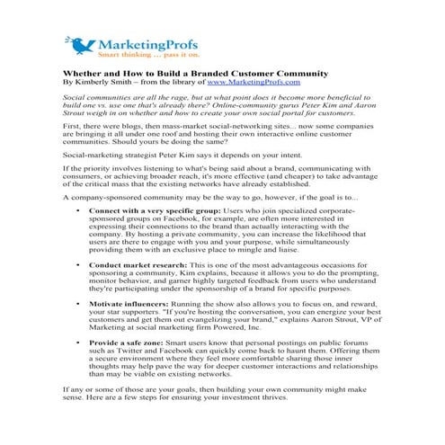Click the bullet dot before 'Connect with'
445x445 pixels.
[80, 209]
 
